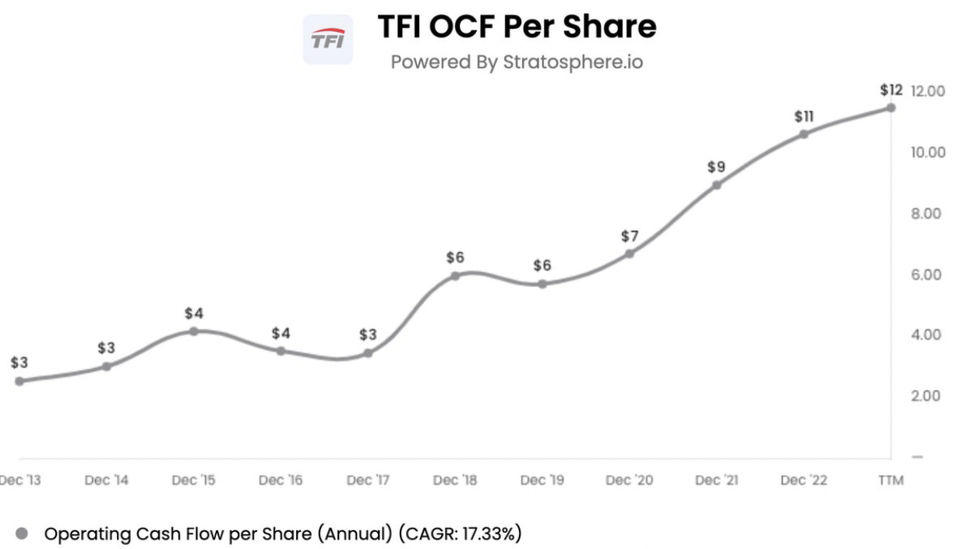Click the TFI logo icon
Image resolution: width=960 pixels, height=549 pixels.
327,40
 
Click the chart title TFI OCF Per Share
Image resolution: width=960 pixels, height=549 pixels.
517,27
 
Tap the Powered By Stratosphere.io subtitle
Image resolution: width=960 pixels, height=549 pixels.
517,62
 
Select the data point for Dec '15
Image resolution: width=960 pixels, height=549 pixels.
194,331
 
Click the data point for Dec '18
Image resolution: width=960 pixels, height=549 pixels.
455,275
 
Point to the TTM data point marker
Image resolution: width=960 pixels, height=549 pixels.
891,108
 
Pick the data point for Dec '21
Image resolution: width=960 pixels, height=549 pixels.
716,185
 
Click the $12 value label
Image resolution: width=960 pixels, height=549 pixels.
891,90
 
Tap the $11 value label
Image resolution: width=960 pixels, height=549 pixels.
803,116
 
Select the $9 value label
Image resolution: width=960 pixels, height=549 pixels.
716,166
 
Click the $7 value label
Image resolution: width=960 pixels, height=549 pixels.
630,235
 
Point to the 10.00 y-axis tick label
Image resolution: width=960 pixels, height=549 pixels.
926,151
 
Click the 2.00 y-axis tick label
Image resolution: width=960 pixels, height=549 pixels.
926,395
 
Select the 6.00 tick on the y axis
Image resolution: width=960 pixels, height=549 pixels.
926,274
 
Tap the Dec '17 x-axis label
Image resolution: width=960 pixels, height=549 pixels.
369,480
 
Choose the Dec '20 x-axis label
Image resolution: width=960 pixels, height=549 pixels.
630,480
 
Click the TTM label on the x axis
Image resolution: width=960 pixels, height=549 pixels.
890,480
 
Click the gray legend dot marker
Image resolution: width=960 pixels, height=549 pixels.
22,534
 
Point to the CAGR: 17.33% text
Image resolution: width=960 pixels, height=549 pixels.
462,534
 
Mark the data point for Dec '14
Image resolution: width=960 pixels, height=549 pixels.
107,366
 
